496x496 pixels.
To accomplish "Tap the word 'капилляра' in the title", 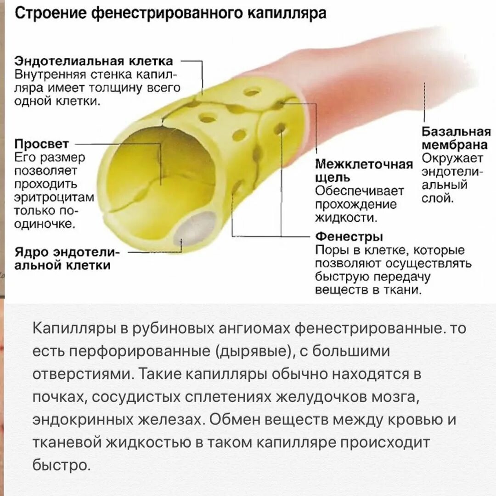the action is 287,13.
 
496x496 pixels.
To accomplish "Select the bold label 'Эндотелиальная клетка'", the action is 94,62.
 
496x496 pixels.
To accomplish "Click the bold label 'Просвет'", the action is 42,144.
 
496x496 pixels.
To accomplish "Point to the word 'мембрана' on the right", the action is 455,146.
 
